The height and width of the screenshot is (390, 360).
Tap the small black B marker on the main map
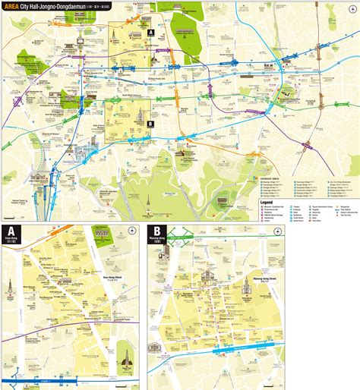pyautogui.click(x=150, y=123)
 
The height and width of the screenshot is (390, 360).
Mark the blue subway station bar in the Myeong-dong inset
pyautogui.click(x=232, y=352)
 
